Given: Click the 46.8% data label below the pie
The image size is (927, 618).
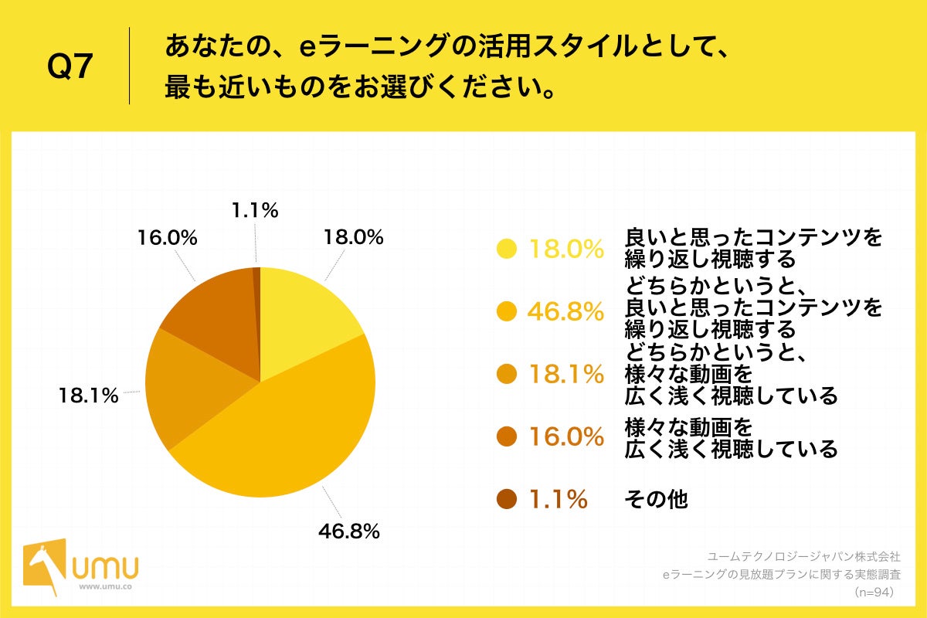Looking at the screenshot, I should pos(348,531).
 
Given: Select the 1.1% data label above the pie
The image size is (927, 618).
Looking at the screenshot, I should pos(254,209).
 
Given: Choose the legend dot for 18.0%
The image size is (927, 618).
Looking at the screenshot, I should pos(507,249).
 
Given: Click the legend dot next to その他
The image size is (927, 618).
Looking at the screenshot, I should pos(507,500).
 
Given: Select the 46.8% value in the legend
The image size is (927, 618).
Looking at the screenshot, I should pos(565,311).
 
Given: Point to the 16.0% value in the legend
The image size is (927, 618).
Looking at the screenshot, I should pos(565,437).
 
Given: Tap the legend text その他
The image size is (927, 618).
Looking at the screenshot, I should pos(655,500).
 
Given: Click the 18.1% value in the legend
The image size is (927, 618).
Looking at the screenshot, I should pos(565,374).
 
